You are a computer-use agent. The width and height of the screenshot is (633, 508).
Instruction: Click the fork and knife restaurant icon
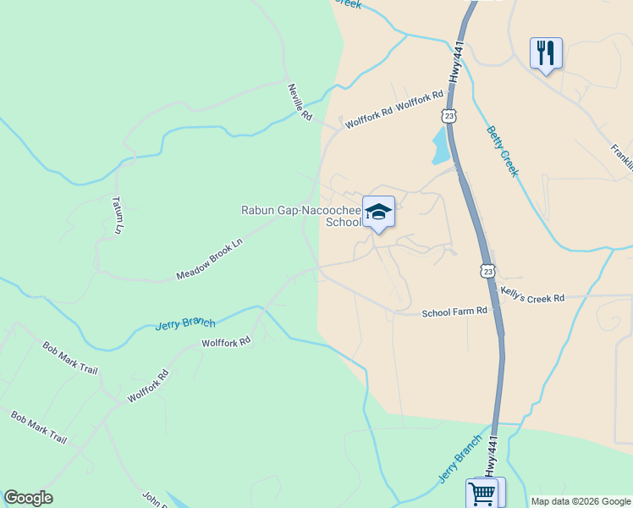(x=546, y=52)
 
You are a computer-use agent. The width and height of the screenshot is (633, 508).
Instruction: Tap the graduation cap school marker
(x=378, y=212)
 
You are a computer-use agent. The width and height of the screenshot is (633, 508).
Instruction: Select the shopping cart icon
(x=484, y=492)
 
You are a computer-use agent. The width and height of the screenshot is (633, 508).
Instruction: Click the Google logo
(x=28, y=498)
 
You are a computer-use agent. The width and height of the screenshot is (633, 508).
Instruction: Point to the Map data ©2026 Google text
(x=581, y=501)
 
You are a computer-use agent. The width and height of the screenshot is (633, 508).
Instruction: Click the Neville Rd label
(x=300, y=102)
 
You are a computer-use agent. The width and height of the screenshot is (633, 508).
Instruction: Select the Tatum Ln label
(x=118, y=215)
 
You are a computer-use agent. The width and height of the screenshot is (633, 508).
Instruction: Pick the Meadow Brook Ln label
(x=209, y=259)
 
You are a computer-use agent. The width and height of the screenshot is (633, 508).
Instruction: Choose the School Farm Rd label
(x=454, y=312)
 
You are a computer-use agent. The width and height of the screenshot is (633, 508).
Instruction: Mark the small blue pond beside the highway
(x=441, y=146)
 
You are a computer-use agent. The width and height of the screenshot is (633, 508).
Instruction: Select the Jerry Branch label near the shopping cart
(x=460, y=460)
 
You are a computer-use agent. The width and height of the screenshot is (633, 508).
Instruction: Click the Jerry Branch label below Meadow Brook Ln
(x=185, y=323)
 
